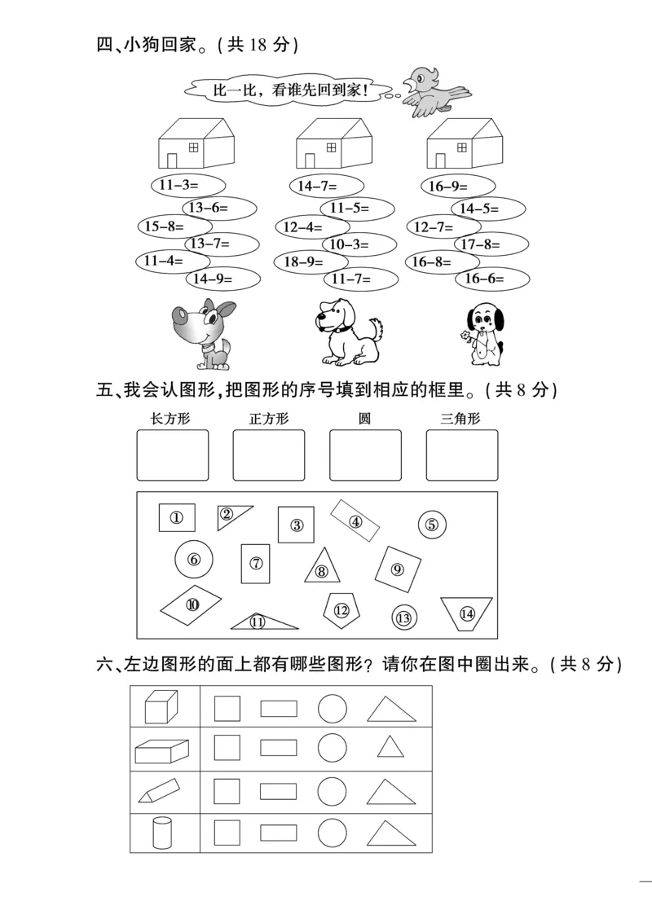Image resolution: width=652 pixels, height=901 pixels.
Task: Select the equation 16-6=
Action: click(x=484, y=279)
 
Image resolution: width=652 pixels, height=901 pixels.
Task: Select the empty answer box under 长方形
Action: click(x=172, y=455)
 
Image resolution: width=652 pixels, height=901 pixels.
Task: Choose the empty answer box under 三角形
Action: click(x=461, y=455)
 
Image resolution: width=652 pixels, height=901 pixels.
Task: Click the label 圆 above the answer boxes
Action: click(x=364, y=420)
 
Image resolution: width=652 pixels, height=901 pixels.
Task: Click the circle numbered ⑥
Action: click(x=194, y=560)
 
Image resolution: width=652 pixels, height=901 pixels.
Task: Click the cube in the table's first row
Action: click(x=161, y=706)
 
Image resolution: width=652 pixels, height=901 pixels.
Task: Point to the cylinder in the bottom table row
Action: click(x=162, y=833)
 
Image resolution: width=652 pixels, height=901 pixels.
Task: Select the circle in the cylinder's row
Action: click(x=332, y=832)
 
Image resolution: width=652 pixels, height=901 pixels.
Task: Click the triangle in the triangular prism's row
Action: click(x=391, y=792)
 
